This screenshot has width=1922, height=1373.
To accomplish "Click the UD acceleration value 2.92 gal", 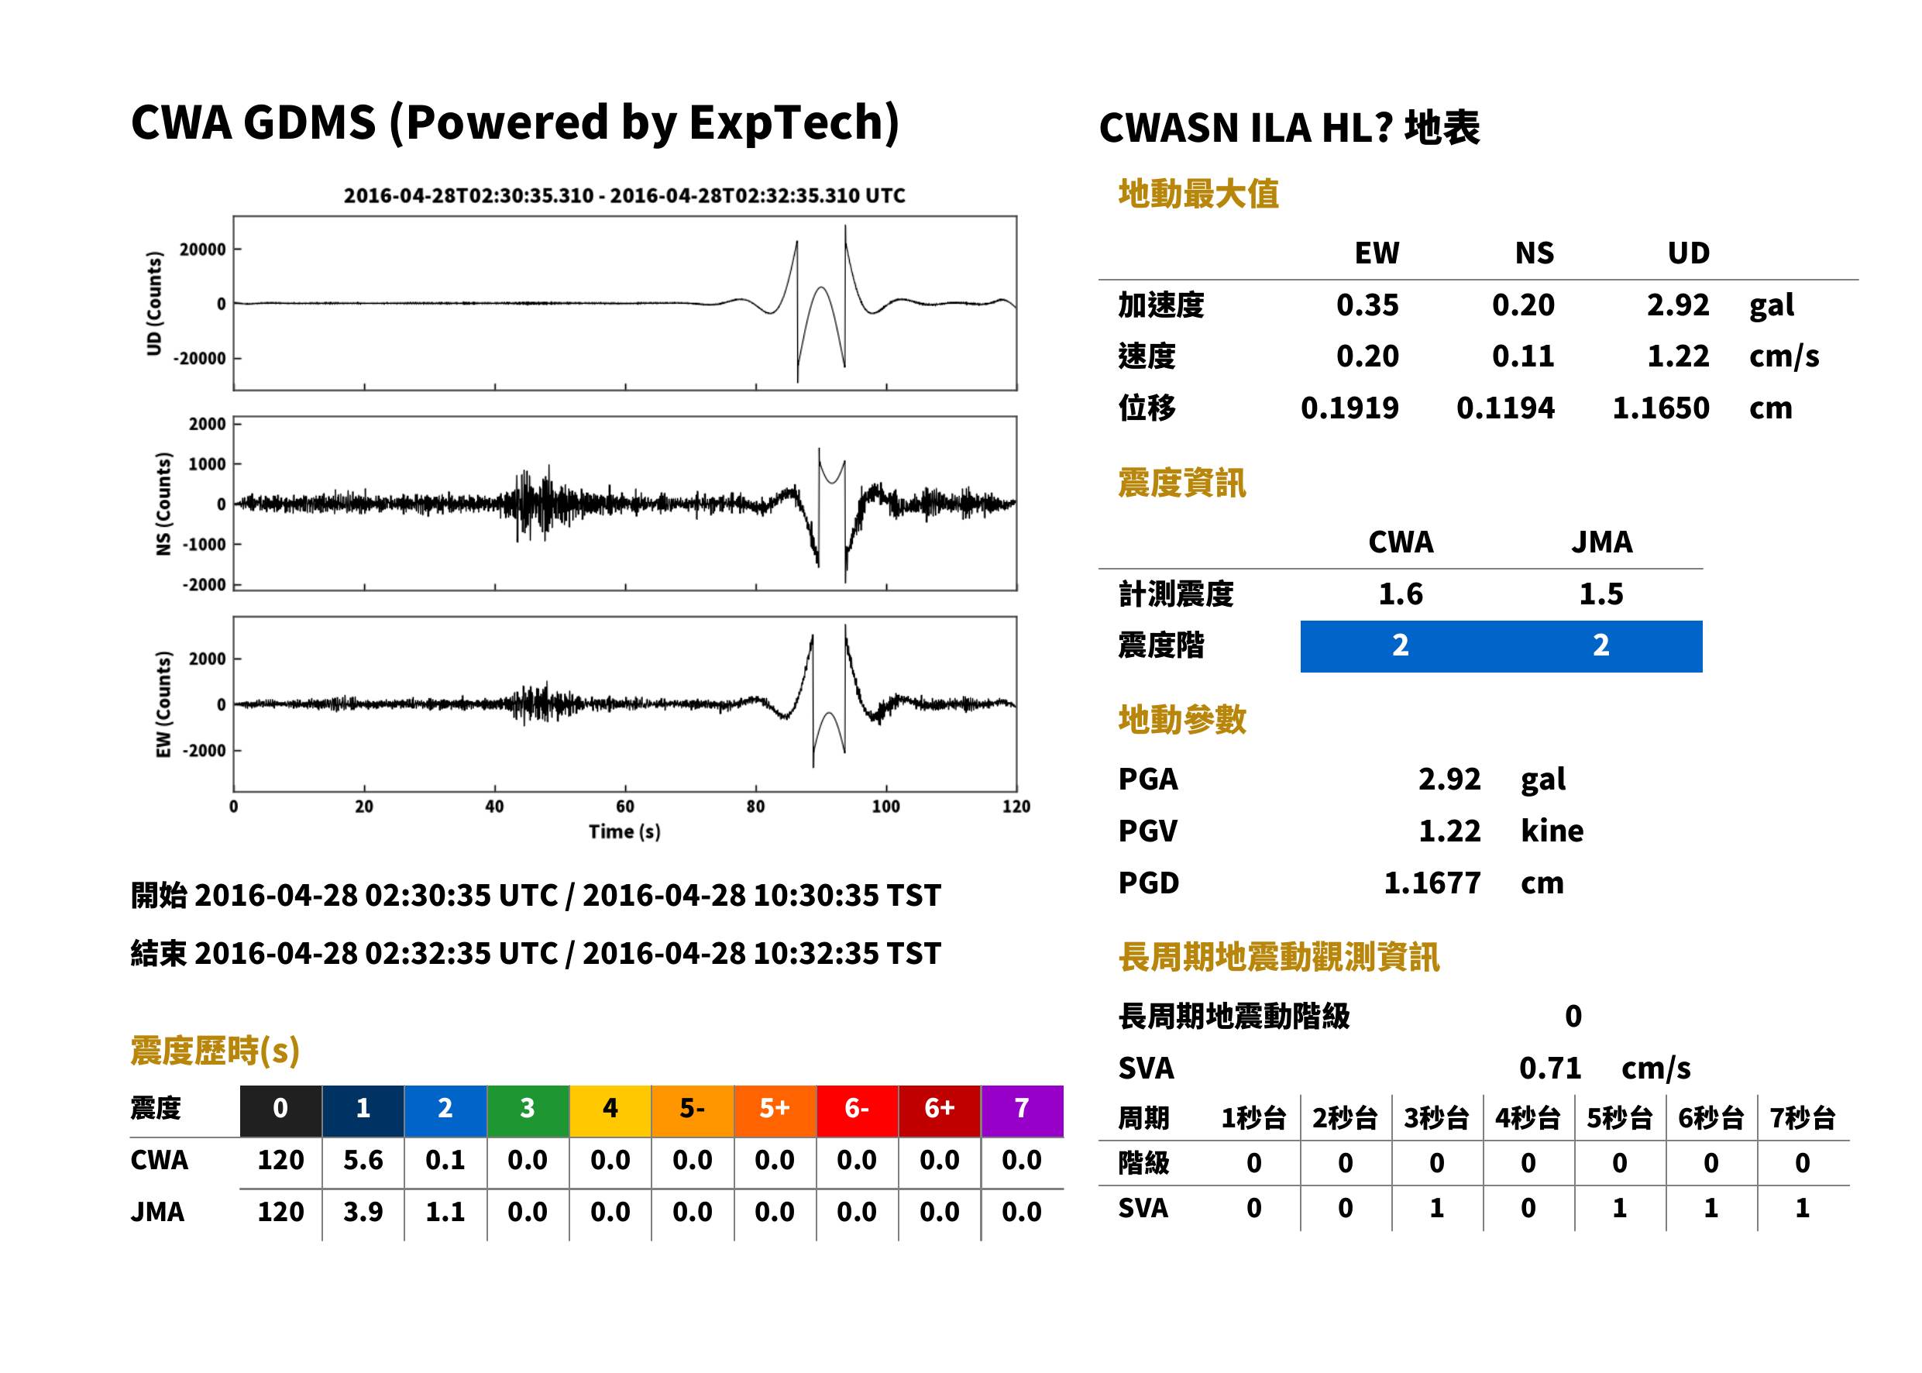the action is point(1677,305).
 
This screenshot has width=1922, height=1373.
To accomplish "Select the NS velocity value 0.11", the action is point(1522,356).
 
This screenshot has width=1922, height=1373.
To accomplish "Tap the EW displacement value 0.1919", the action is point(1349,408).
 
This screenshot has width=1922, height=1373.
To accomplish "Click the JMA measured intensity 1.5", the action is point(1600,594).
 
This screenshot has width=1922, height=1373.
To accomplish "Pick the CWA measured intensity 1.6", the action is point(1400,594).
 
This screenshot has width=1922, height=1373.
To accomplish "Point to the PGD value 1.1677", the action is point(1432,883).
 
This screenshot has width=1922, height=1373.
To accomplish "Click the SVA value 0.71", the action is point(1549,1068).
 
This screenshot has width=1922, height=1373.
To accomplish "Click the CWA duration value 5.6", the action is point(363,1161).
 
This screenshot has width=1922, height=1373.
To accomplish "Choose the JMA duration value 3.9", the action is point(363,1213).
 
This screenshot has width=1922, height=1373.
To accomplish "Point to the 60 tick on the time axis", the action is point(624,807).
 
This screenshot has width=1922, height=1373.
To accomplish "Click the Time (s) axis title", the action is point(624,832).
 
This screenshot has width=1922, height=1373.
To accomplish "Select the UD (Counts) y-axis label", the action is point(154,304).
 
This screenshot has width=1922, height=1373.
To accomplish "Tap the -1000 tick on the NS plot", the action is point(204,545).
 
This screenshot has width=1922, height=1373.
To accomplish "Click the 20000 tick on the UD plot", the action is point(203,249).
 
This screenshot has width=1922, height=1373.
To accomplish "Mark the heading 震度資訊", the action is point(1181,483).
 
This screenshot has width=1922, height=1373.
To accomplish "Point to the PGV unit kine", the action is point(1552,831).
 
